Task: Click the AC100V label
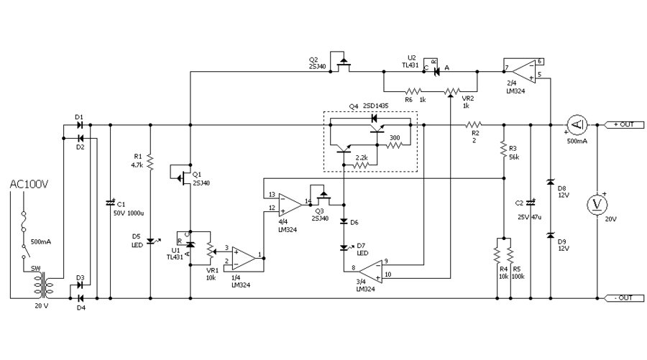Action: [x=28, y=185]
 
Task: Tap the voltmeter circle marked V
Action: [x=597, y=205]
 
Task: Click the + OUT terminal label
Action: [x=622, y=124]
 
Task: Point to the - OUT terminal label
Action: [x=622, y=297]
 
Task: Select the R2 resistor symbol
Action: [x=475, y=124]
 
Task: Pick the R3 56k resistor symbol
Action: [x=503, y=149]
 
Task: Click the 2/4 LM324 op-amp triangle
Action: [x=520, y=69]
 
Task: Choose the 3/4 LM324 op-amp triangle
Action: [x=369, y=271]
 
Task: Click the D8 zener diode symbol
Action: [x=550, y=184]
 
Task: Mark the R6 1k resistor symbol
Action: [x=413, y=92]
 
